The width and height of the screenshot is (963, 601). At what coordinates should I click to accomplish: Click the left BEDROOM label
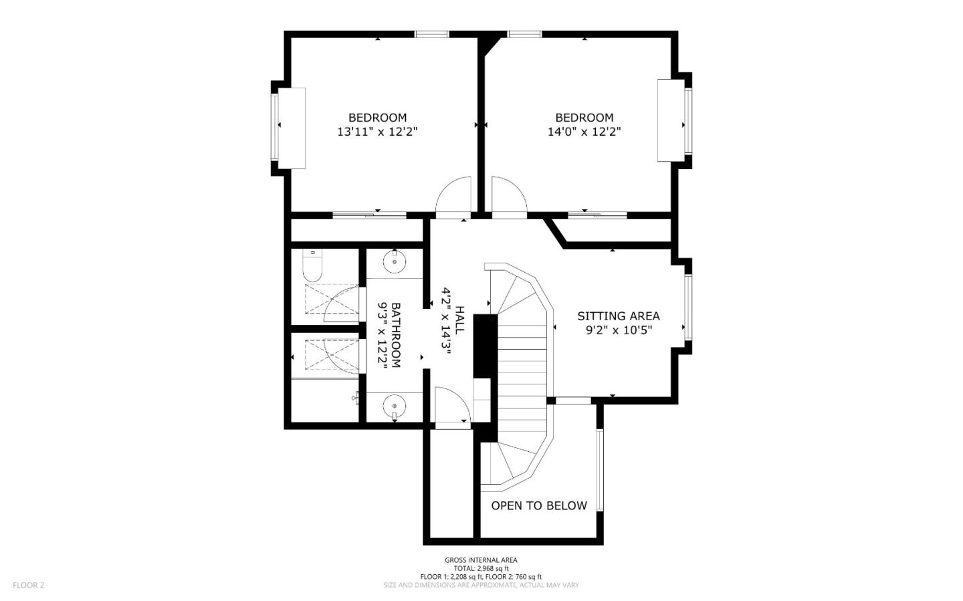377,118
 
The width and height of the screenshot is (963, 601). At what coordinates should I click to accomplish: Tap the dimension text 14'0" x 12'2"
584,132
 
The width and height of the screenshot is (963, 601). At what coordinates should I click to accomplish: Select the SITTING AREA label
618,316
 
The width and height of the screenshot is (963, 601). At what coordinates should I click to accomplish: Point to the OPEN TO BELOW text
539,505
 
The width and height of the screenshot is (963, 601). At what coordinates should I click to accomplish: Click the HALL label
459,320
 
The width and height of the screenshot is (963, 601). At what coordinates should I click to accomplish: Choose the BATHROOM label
396,336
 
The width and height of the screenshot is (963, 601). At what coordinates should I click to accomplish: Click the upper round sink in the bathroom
395,261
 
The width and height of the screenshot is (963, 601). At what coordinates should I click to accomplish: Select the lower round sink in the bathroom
395,406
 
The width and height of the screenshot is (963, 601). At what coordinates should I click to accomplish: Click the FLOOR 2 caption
28,585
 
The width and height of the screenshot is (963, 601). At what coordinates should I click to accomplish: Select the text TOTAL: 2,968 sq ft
481,568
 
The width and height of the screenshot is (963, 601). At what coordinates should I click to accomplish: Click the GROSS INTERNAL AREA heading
481,560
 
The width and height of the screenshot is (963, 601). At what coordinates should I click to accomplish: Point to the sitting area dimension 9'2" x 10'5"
619,330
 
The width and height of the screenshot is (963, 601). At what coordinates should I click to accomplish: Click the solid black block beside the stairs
485,346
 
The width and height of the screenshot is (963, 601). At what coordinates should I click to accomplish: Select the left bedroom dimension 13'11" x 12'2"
377,132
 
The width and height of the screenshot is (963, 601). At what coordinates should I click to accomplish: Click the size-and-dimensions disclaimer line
481,585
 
